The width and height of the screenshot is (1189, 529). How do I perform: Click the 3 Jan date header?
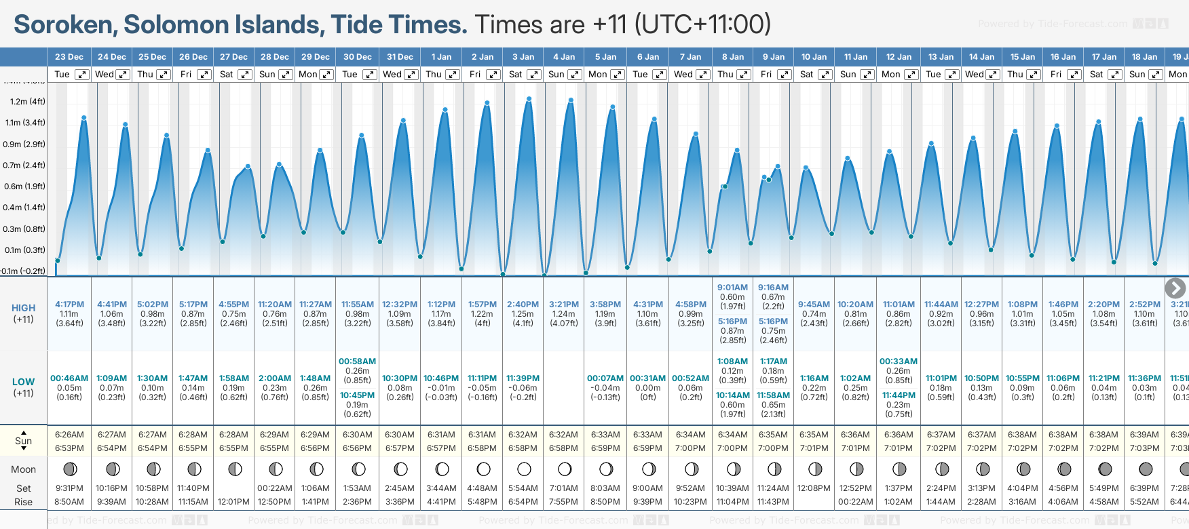click(523, 57)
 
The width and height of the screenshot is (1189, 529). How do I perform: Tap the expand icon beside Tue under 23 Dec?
click(81, 75)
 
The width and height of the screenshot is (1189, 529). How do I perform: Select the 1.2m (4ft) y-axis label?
click(28, 102)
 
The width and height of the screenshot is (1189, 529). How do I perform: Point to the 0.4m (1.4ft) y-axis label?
click(24, 208)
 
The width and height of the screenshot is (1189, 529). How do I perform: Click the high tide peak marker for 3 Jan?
click(529, 99)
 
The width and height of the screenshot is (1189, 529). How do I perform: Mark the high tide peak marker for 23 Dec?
click(84, 118)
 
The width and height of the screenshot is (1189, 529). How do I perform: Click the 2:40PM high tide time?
click(523, 305)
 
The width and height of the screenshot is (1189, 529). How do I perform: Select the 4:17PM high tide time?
click(69, 305)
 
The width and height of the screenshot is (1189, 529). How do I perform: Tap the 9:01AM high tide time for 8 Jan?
click(732, 288)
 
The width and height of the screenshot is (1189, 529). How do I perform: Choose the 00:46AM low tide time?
click(69, 378)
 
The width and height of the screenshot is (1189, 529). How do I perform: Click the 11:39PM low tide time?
click(523, 378)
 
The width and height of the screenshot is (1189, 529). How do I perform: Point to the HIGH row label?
click(23, 308)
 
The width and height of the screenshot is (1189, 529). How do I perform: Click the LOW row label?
click(23, 382)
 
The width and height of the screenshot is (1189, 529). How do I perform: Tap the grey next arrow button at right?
click(1175, 288)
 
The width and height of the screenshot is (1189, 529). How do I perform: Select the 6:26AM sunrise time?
click(69, 435)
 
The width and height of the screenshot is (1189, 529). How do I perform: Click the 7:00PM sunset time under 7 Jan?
click(690, 448)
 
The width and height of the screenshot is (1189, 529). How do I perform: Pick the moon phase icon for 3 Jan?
click(523, 469)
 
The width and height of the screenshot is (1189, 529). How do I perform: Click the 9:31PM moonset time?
click(69, 488)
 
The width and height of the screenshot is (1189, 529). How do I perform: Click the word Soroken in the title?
click(64, 25)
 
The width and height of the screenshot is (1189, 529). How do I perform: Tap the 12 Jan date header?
click(899, 57)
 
